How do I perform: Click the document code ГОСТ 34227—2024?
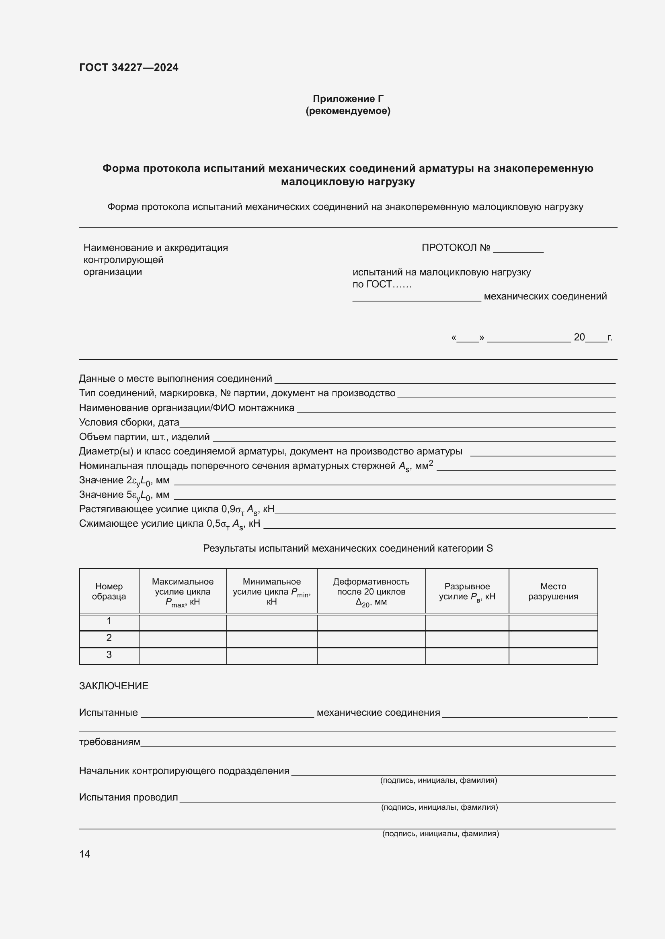pyautogui.click(x=129, y=67)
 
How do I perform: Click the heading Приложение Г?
pyautogui.click(x=348, y=99)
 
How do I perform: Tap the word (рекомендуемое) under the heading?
pyautogui.click(x=348, y=111)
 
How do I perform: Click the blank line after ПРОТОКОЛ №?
pyautogui.click(x=518, y=248)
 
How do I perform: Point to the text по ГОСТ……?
pyautogui.click(x=382, y=284)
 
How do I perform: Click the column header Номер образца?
pyautogui.click(x=109, y=591)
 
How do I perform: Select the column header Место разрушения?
pyautogui.click(x=553, y=591)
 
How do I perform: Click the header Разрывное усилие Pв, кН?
pyautogui.click(x=467, y=591)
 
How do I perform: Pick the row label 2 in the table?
pyautogui.click(x=109, y=638)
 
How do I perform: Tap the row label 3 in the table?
pyautogui.click(x=109, y=654)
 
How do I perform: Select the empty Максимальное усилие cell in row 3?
pyautogui.click(x=183, y=655)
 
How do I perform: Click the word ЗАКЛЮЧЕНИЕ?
pyautogui.click(x=113, y=686)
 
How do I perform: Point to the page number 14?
pyautogui.click(x=84, y=854)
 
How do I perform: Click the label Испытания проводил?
pyautogui.click(x=128, y=797)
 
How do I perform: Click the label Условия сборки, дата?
pyautogui.click(x=129, y=422)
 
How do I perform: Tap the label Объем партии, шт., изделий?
pyautogui.click(x=144, y=437)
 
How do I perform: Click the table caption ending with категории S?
pyautogui.click(x=348, y=548)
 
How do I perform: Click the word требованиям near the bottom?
pyautogui.click(x=109, y=742)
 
